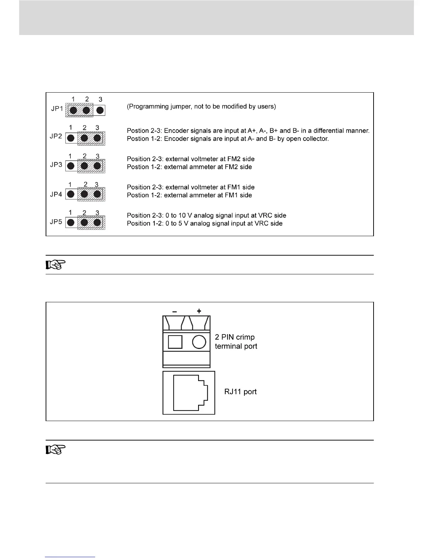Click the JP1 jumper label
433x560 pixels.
pyautogui.click(x=57, y=109)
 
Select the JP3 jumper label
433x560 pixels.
pyautogui.click(x=56, y=165)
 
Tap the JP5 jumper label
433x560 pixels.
pyautogui.click(x=56, y=222)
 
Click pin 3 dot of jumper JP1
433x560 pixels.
pyautogui.click(x=100, y=110)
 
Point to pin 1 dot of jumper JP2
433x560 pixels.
pyautogui.click(x=71, y=138)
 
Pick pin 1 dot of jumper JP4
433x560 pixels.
pyautogui.click(x=71, y=194)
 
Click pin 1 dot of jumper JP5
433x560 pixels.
pyautogui.click(x=71, y=223)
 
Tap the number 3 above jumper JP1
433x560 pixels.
pyautogui.click(x=100, y=100)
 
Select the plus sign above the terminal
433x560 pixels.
pyautogui.click(x=199, y=311)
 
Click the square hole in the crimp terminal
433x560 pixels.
pyautogui.click(x=175, y=342)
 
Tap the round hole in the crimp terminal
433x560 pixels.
pyautogui.click(x=199, y=342)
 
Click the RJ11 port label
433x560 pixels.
pyautogui.click(x=241, y=392)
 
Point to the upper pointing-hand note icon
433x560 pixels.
pyautogui.click(x=56, y=265)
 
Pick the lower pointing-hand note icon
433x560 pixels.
pyautogui.click(x=56, y=450)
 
